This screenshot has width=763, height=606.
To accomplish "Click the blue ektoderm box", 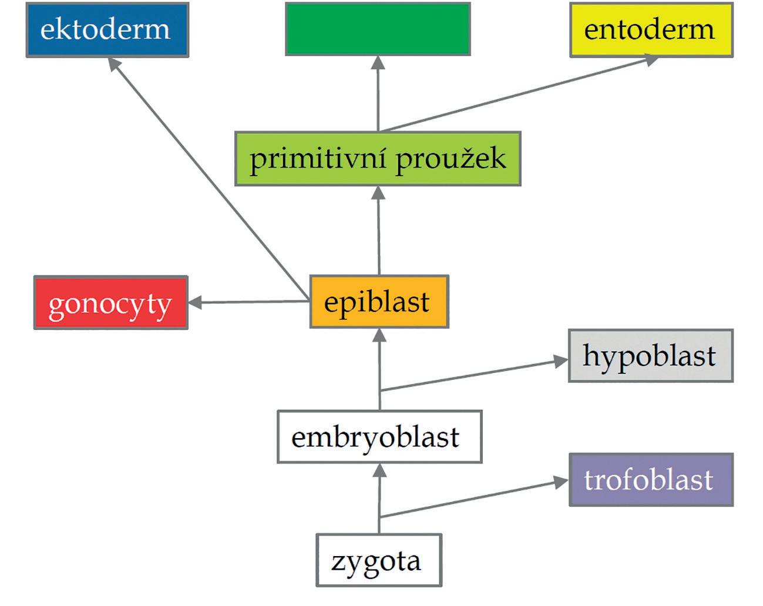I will (x=107, y=30).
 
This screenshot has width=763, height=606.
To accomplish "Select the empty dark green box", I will (x=378, y=29).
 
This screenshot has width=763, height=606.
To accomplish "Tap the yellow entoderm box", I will (x=651, y=30).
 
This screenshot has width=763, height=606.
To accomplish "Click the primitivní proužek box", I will (x=378, y=159).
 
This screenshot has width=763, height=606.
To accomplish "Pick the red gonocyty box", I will (x=110, y=303).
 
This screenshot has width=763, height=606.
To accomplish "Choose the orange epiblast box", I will (x=379, y=302).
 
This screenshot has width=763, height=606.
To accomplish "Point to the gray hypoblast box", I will (x=650, y=356).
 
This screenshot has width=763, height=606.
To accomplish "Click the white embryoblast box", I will (x=379, y=437).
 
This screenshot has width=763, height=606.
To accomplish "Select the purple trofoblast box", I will (x=651, y=480).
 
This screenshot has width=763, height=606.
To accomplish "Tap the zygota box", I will (x=378, y=560).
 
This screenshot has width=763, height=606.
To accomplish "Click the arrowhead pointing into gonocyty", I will (x=196, y=303).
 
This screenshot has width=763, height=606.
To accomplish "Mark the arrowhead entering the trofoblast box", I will (x=560, y=482).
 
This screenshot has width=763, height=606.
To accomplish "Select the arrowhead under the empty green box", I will (x=378, y=63).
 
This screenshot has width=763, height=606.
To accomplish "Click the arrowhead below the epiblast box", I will (x=379, y=335).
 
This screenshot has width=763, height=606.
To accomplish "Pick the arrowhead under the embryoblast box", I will (x=379, y=470).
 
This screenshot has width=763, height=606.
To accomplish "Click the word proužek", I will (x=451, y=159).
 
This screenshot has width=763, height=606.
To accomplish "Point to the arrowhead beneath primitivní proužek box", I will (x=378, y=193).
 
